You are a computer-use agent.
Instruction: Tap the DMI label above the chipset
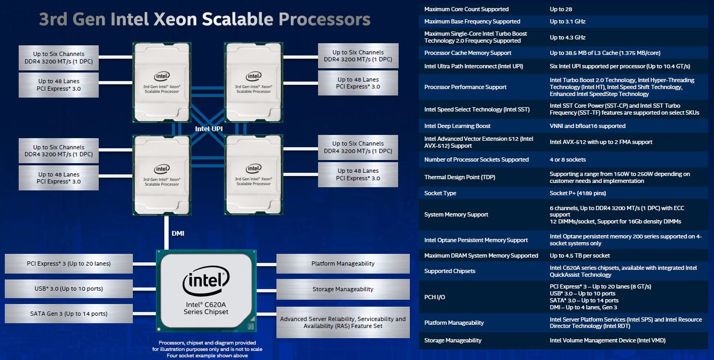(179, 234)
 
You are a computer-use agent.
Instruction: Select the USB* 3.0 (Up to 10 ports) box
(68, 289)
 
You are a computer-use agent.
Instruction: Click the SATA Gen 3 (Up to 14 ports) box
(68, 314)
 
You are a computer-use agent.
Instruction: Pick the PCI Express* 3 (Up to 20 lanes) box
(68, 263)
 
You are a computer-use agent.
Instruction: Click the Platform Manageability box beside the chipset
(343, 263)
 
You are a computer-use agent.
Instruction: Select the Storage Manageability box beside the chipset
(343, 289)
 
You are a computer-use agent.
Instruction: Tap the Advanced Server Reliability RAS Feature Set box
(343, 322)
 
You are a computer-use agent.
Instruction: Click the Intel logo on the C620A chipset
(207, 282)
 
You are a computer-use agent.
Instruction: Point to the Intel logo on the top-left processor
(162, 76)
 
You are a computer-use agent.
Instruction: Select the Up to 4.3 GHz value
(567, 37)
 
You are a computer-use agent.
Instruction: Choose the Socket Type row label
(440, 193)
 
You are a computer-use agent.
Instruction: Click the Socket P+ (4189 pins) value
(577, 193)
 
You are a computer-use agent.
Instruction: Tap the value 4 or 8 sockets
(567, 159)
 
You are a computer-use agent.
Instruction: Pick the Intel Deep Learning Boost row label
(457, 126)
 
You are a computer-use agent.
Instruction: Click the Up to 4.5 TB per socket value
(580, 255)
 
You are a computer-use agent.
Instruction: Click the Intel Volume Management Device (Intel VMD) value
(607, 340)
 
